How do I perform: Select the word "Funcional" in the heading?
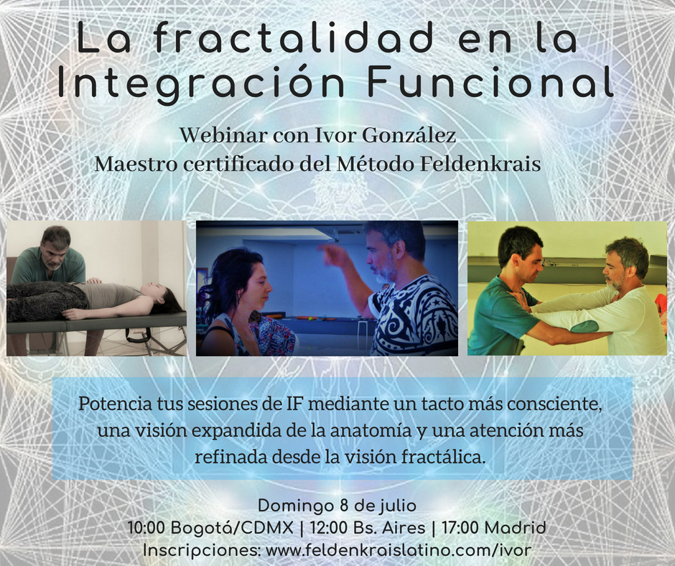490,80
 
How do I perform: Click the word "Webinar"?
223,135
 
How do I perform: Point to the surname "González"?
409,135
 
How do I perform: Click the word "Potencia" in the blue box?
115,404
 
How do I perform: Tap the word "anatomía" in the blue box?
371,430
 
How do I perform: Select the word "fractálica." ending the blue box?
443,457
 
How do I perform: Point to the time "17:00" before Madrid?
460,528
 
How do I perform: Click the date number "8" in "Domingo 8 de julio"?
344,505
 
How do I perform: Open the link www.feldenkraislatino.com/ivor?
399,550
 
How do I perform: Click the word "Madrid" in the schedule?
515,528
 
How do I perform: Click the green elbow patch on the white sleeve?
585,327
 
